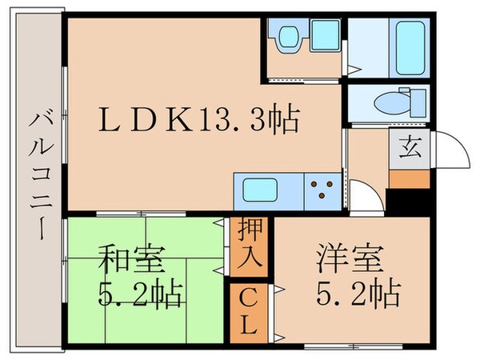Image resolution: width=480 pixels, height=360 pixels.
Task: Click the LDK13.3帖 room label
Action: pos(198,121)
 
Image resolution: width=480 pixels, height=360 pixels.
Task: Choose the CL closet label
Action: pos(249,313)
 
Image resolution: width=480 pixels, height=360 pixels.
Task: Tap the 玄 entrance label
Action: pos(409,148)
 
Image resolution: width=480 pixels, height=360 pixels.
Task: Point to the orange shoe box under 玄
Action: pos(409,178)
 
